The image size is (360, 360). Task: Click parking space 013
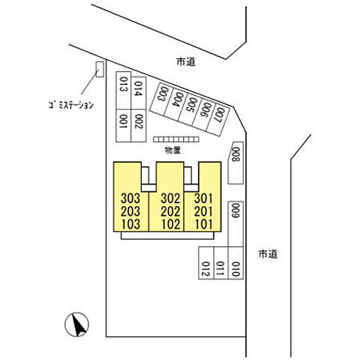pos(124,91)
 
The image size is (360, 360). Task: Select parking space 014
pos(138,93)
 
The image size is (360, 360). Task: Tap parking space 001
pos(124,125)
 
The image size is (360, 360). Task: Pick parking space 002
pos(138,125)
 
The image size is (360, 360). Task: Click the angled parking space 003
pos(161,99)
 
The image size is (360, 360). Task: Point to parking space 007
pos(218,119)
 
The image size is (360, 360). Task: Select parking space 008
pos(235,163)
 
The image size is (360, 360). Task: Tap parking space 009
pos(235,224)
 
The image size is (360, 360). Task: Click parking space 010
pos(235,262)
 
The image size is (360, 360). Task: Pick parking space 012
pos(206,262)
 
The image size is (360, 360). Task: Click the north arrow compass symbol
pos(76,324)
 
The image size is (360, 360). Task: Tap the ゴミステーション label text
pos(71,105)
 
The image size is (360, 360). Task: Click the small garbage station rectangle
pos(100,69)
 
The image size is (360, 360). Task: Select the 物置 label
pos(173,150)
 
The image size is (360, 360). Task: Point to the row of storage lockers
pos(176,139)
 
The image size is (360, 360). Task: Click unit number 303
pos(130,199)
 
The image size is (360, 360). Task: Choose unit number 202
pos(170,211)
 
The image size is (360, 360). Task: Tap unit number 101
pos(204,224)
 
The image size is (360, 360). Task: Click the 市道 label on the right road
pos(268,254)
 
